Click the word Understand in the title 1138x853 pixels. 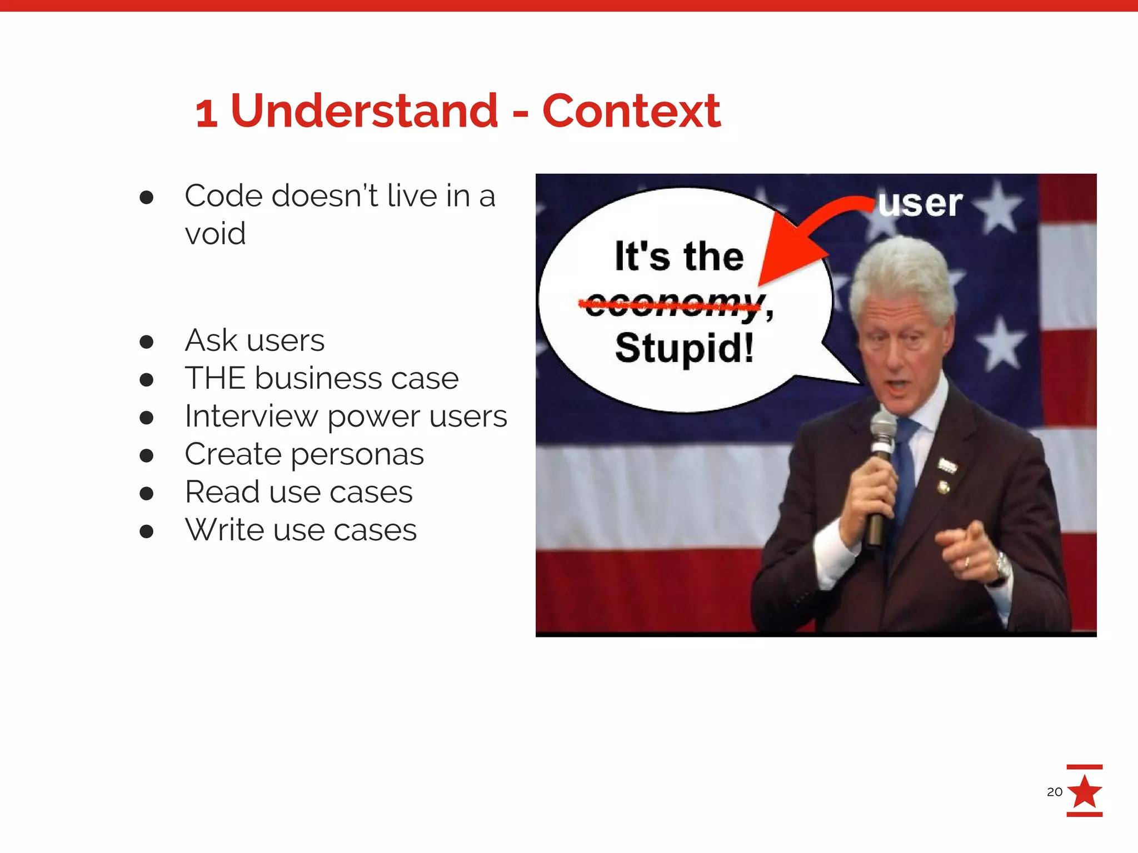pyautogui.click(x=364, y=111)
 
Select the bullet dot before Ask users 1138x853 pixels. pyautogui.click(x=147, y=342)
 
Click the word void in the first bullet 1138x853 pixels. pyautogui.click(x=215, y=234)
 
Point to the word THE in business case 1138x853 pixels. pyautogui.click(x=215, y=379)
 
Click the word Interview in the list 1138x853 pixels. pyautogui.click(x=251, y=417)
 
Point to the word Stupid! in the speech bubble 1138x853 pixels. pyautogui.click(x=684, y=348)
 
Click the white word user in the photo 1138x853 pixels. pyautogui.click(x=920, y=203)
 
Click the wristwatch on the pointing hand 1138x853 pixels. pyautogui.click(x=1002, y=566)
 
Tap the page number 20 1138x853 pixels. pyautogui.click(x=1054, y=792)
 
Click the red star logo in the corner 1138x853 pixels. pyautogui.click(x=1084, y=791)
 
